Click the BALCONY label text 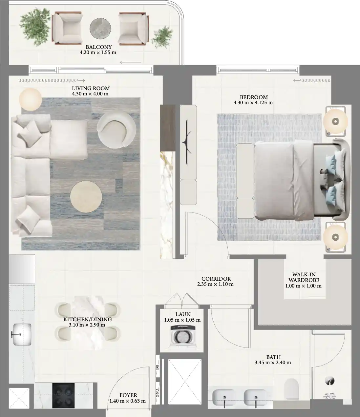pos(98,47)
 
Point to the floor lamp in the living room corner pos(31,99)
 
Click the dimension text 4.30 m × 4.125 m pos(253,103)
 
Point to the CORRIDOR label pos(216,279)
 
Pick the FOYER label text pos(128,395)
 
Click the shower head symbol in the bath pos(329,381)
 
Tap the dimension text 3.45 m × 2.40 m pos(273,363)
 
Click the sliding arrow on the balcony pos(131,62)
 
